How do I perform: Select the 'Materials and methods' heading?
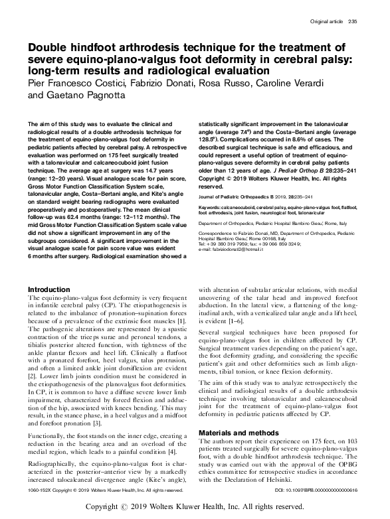[237, 414]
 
